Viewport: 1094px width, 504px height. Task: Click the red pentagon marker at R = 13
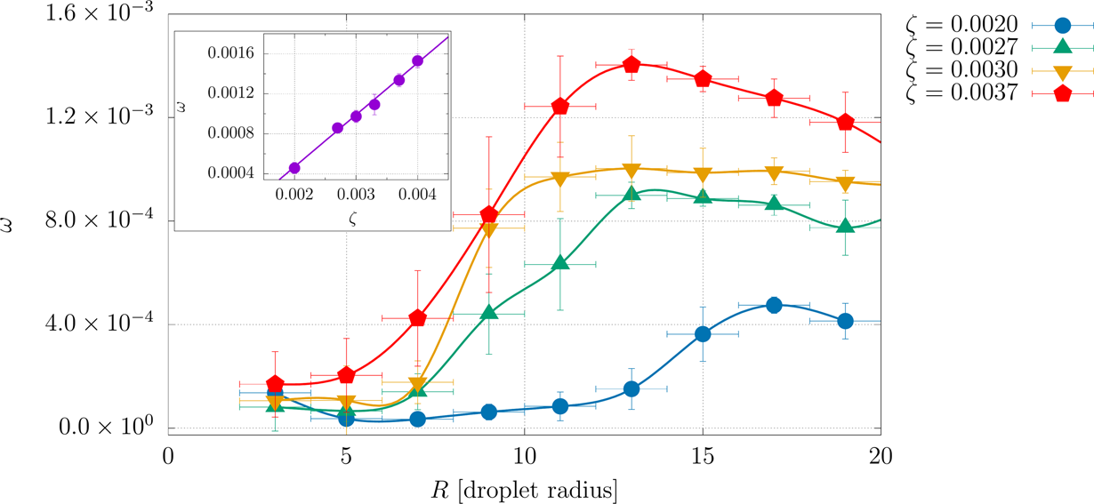point(631,64)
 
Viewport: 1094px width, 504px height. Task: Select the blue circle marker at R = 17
point(774,305)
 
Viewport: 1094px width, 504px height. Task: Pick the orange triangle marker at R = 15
point(703,174)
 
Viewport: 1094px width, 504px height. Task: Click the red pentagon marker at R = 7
point(418,317)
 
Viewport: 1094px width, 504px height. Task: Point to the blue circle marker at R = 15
point(703,334)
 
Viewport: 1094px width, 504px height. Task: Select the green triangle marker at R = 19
point(845,227)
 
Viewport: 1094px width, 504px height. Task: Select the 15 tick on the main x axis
point(703,458)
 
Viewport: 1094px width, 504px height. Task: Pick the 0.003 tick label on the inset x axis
point(356,196)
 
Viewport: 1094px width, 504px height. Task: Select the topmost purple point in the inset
point(417,61)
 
